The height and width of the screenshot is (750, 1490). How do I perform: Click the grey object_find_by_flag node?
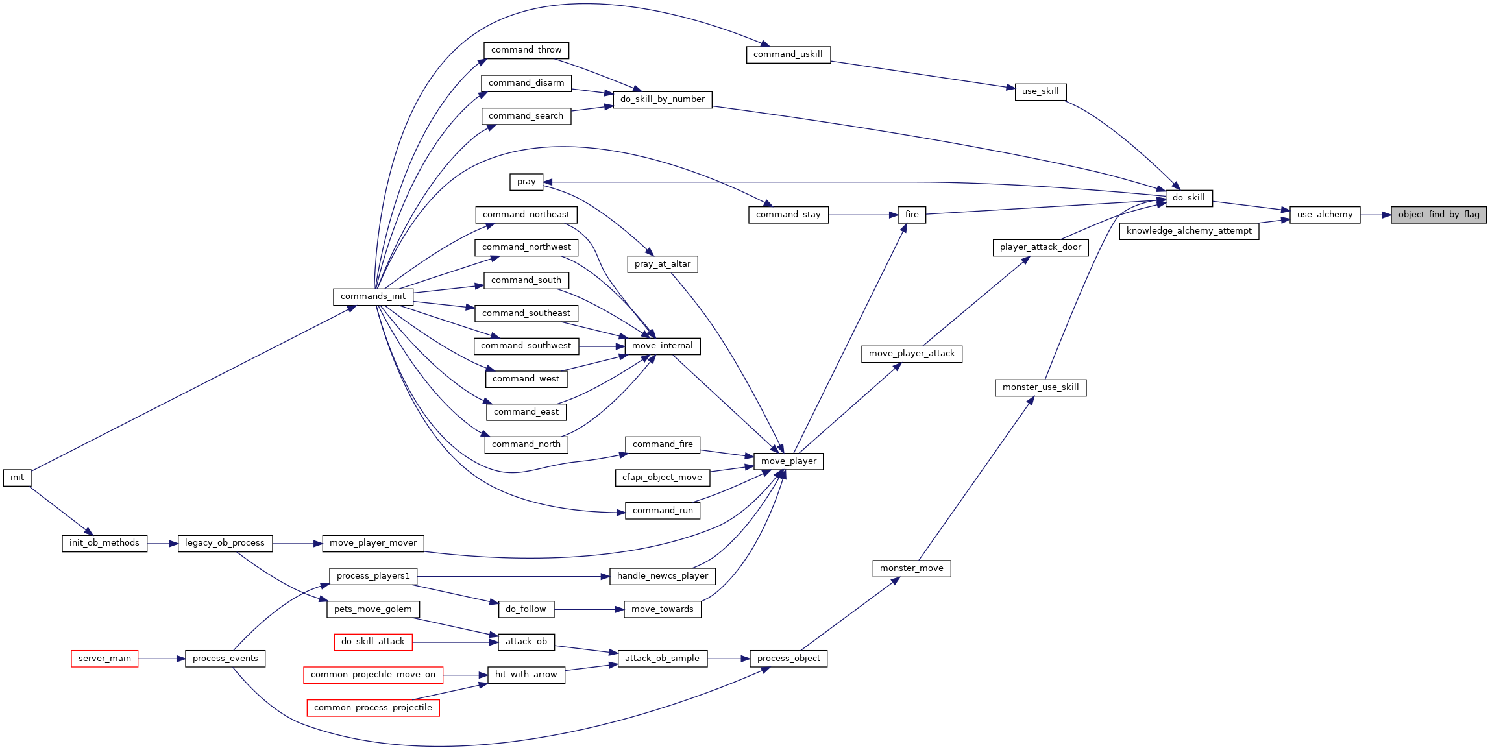pyautogui.click(x=1438, y=215)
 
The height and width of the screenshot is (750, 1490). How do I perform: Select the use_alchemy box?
pyautogui.click(x=1325, y=215)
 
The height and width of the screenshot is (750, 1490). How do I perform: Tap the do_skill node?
pyautogui.click(x=1188, y=198)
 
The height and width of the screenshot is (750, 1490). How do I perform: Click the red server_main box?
pyautogui.click(x=104, y=659)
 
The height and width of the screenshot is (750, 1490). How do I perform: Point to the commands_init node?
pyautogui.click(x=373, y=296)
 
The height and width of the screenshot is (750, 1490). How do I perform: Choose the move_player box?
pyautogui.click(x=788, y=461)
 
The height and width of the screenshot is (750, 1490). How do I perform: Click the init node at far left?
pyautogui.click(x=17, y=478)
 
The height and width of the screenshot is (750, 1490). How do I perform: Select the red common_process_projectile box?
pyautogui.click(x=373, y=708)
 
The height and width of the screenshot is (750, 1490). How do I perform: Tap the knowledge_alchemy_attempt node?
pyautogui.click(x=1189, y=231)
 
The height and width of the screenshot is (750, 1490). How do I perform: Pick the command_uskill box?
pyautogui.click(x=788, y=54)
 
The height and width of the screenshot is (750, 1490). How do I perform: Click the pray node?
pyautogui.click(x=526, y=182)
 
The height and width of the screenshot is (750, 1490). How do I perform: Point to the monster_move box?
pyautogui.click(x=912, y=568)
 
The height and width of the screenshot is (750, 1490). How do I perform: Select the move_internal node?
pyautogui.click(x=663, y=346)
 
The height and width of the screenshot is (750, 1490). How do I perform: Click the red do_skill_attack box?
pyautogui.click(x=373, y=642)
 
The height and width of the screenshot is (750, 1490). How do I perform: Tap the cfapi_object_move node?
pyautogui.click(x=663, y=478)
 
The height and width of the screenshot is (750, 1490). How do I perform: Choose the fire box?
pyautogui.click(x=912, y=215)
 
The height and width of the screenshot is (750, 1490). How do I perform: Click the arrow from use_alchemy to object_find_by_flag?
pyautogui.click(x=1375, y=215)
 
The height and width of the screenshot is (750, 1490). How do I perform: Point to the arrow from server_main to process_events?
pyautogui.click(x=162, y=659)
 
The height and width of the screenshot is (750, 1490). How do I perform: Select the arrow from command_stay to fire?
pyautogui.click(x=863, y=215)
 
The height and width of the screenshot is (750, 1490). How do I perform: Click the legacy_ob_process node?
pyautogui.click(x=225, y=543)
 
